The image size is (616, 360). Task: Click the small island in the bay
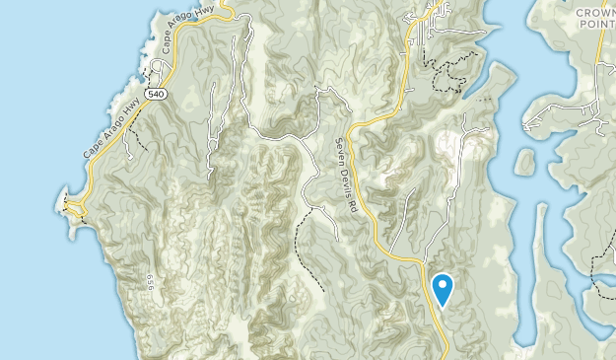click(x=524, y=162)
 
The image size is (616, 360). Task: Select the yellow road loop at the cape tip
click(x=73, y=205)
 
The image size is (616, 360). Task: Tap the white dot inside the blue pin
click(x=443, y=285)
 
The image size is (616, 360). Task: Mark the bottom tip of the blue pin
click(x=443, y=306)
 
